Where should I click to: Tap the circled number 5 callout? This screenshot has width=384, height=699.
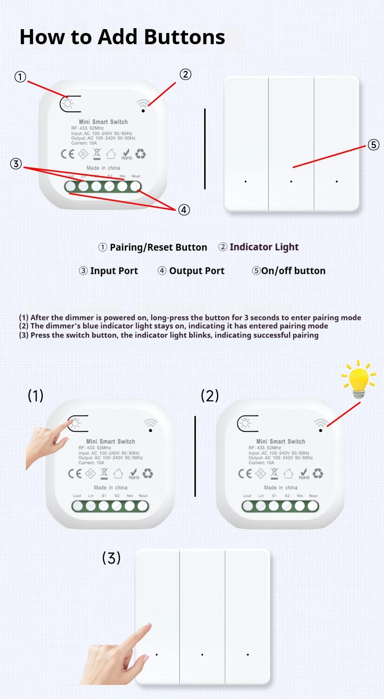click(x=373, y=145)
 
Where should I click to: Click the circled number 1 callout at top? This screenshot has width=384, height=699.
click(x=20, y=77)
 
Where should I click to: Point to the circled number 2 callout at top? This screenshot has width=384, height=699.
click(x=185, y=74)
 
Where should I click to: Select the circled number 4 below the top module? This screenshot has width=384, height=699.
click(x=183, y=210)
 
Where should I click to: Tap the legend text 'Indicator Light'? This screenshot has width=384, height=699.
click(x=264, y=247)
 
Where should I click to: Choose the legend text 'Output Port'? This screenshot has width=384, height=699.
click(x=196, y=271)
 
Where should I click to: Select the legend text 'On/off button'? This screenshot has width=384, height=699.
click(x=293, y=271)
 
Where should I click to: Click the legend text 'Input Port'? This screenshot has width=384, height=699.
click(x=114, y=271)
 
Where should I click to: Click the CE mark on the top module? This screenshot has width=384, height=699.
click(x=67, y=154)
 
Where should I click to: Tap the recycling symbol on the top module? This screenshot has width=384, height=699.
click(x=140, y=154)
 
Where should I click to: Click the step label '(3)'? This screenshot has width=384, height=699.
click(x=111, y=558)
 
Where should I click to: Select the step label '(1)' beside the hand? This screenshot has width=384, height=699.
click(x=35, y=396)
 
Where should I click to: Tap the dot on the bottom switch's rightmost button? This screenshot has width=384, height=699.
click(x=247, y=654)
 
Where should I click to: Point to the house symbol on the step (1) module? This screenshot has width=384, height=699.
click(x=118, y=473)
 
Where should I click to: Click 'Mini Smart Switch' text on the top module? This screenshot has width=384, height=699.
click(x=103, y=122)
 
